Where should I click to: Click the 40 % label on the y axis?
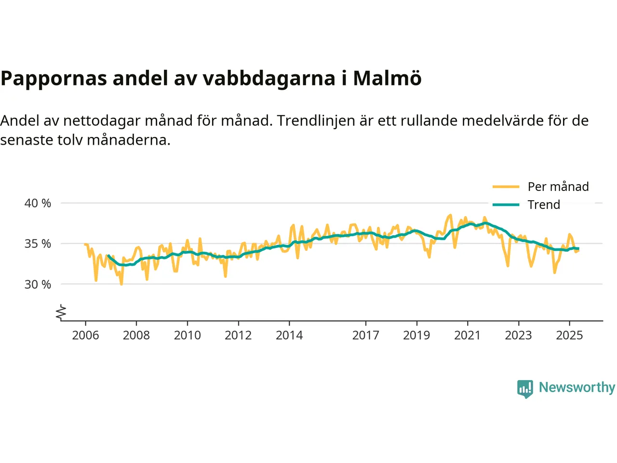[x=38, y=203]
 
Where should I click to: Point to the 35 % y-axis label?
[x=38, y=244]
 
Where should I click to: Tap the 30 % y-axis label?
[x=38, y=285]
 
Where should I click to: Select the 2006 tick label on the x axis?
[x=85, y=335]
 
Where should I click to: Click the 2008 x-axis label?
[x=136, y=335]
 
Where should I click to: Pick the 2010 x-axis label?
[x=187, y=335]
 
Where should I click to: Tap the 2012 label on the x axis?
[x=238, y=335]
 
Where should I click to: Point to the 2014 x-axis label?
[x=289, y=335]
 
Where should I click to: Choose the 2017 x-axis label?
[x=365, y=335]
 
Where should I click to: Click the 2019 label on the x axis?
[x=416, y=335]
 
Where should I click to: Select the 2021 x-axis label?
[x=468, y=335]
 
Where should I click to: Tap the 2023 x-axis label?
[x=518, y=335]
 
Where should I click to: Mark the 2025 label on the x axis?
[x=569, y=335]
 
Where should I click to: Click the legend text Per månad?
[x=558, y=187]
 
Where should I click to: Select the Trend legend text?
[x=544, y=204]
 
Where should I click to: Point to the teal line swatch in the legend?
[x=506, y=204]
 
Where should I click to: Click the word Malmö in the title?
[x=387, y=78]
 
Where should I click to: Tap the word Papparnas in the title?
[x=54, y=78]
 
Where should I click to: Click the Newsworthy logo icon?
[x=525, y=388]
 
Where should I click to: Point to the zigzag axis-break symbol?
[x=61, y=313]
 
